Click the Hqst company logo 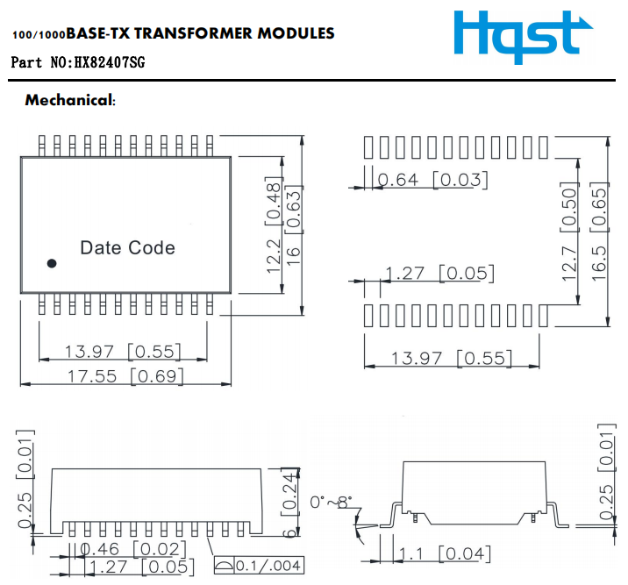tap(517, 35)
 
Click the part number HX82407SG tap(109, 63)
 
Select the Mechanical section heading tap(70, 100)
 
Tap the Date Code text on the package tap(127, 248)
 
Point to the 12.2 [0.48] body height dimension tap(274, 227)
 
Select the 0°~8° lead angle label tap(331, 503)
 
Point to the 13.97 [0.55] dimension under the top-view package tap(123, 352)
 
